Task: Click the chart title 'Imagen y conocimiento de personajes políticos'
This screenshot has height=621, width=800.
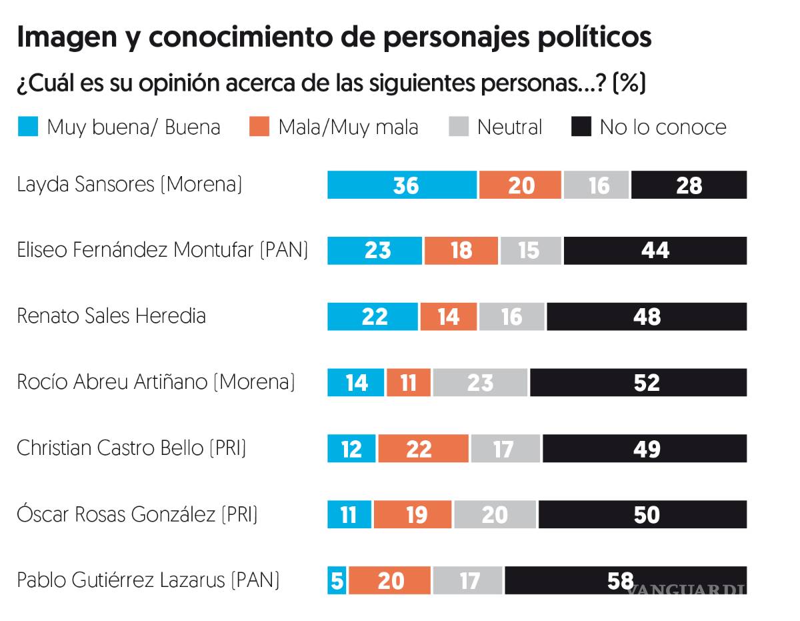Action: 333,37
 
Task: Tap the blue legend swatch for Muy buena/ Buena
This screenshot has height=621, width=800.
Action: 28,127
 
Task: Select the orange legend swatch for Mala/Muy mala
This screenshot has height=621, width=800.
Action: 259,127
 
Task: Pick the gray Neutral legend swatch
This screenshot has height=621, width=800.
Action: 459,127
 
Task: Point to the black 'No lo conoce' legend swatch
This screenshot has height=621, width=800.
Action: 581,127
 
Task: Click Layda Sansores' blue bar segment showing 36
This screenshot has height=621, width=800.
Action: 403,185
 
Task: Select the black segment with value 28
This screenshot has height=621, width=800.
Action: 689,185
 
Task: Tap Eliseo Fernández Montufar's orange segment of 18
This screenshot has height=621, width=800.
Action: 461,251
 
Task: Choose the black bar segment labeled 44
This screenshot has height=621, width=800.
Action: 655,251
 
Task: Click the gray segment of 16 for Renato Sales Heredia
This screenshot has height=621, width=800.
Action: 511,316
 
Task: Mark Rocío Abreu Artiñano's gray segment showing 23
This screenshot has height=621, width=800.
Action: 480,382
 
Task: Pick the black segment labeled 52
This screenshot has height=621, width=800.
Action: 638,382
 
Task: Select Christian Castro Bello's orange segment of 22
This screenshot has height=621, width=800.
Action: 423,448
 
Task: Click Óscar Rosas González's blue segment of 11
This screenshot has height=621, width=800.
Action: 349,514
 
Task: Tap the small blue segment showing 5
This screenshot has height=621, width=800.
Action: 337,580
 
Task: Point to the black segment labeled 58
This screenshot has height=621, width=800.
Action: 625,580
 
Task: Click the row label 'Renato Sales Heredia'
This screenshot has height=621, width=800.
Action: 111,316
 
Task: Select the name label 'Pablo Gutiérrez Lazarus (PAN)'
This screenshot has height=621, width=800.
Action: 148,580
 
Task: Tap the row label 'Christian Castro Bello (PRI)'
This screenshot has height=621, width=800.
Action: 131,448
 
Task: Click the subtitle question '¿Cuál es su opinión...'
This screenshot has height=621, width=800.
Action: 331,84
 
